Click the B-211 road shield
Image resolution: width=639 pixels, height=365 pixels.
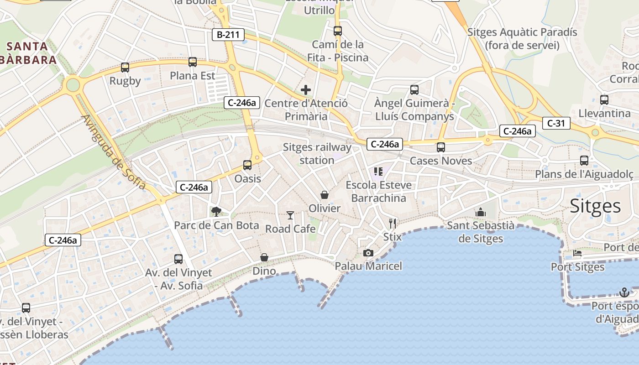(x=228, y=35)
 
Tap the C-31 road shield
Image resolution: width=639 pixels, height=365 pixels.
(x=556, y=123)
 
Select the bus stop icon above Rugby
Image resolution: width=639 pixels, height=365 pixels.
(x=125, y=68)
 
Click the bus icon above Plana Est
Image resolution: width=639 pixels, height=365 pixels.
(x=193, y=62)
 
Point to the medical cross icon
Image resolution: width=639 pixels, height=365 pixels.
(x=306, y=90)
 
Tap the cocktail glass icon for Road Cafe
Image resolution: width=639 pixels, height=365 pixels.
(x=290, y=215)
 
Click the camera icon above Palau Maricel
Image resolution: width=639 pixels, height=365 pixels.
(x=368, y=253)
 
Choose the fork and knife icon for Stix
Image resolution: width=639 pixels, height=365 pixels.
(x=393, y=223)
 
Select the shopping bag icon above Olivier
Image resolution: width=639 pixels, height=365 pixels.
(x=325, y=195)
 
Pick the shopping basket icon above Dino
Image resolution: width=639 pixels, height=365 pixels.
(x=264, y=258)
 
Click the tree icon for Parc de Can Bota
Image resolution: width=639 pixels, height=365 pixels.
(x=216, y=211)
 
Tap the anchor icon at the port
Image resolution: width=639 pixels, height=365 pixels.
(x=624, y=292)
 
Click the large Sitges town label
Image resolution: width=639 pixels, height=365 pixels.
(x=595, y=206)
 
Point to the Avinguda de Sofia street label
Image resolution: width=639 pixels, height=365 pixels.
(x=114, y=151)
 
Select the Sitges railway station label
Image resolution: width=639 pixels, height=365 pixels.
(x=317, y=154)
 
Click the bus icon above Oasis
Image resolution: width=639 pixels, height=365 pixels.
(x=247, y=165)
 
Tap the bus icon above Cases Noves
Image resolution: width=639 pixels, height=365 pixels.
(x=440, y=147)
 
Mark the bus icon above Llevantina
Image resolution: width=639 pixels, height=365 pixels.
(x=604, y=99)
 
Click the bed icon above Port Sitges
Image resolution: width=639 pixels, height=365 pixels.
(x=577, y=253)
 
